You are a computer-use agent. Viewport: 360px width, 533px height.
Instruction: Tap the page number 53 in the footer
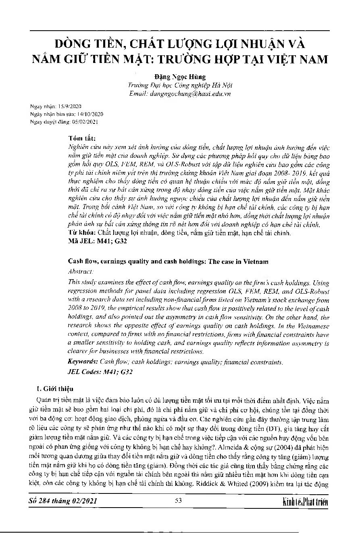pos(179,501)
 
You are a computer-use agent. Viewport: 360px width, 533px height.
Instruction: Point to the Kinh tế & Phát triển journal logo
pos(306,502)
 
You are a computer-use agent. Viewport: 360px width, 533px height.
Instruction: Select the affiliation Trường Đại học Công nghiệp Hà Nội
pos(180,85)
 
